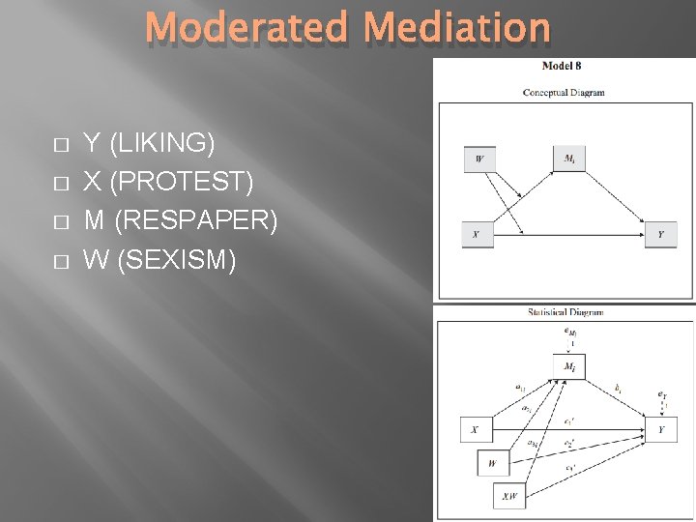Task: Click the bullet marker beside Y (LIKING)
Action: (61, 145)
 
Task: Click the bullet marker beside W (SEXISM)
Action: (61, 260)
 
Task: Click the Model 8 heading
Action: (562, 67)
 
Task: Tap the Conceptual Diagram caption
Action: (564, 93)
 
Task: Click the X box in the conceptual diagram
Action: (476, 235)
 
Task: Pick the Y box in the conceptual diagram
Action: (660, 235)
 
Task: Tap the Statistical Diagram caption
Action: (565, 312)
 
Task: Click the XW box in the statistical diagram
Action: (507, 497)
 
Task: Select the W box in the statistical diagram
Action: (493, 463)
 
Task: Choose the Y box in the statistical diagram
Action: (661, 429)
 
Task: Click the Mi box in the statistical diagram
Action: (568, 366)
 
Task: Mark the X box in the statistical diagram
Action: (476, 429)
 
